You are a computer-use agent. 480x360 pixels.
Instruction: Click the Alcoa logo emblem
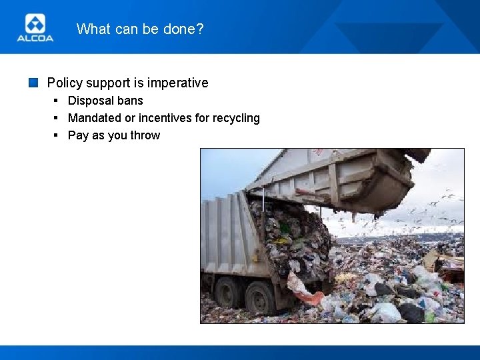coord(35,24)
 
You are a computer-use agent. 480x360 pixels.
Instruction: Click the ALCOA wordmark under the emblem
coord(35,39)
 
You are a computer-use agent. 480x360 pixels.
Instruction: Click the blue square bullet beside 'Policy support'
coord(33,83)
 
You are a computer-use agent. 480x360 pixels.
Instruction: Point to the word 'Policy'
coord(63,83)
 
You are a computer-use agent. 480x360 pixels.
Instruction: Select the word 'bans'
coord(130,101)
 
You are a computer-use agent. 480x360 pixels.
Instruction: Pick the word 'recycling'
coord(236,118)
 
